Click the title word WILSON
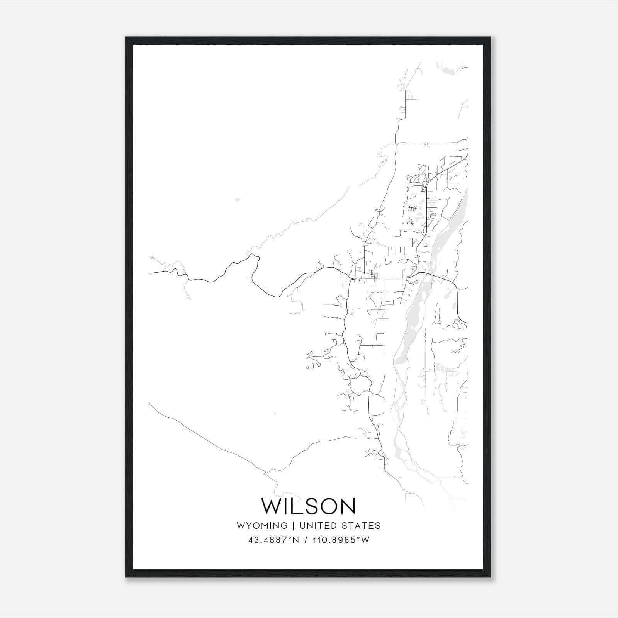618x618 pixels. coord(309,506)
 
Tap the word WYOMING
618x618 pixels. coord(262,526)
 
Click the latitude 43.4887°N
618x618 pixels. coord(274,540)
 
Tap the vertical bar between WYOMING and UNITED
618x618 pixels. coord(294,526)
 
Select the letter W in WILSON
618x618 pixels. coord(270,506)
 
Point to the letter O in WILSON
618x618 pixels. coord(324,506)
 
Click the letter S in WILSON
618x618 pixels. coord(305,506)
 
